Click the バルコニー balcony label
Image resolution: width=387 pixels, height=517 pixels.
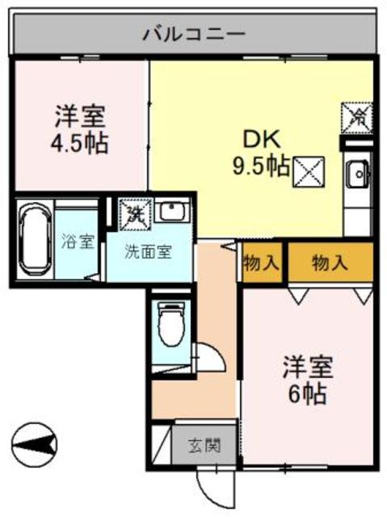coord(194,33)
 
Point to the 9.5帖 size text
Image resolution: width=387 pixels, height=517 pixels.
coord(261,167)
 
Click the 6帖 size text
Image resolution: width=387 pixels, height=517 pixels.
coord(308,395)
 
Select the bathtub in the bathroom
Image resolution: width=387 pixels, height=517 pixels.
coord(35,238)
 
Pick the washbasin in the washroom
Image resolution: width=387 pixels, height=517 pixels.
coord(170,212)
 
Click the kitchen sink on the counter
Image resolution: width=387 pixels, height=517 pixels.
coord(357,172)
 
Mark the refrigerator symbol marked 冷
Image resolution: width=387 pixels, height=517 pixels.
coord(356,116)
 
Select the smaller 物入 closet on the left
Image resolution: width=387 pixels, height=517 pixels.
coord(261,263)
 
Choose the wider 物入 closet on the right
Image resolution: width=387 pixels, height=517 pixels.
coord(330,263)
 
